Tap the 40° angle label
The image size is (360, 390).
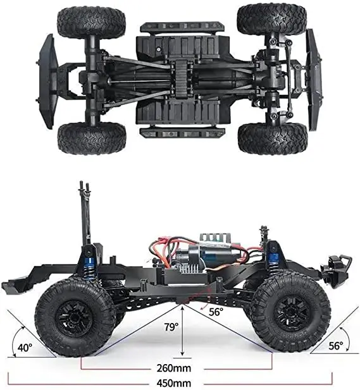pos(24,347)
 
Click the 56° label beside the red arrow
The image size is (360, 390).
pos(216,312)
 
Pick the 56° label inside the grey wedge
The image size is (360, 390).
pos(335,346)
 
